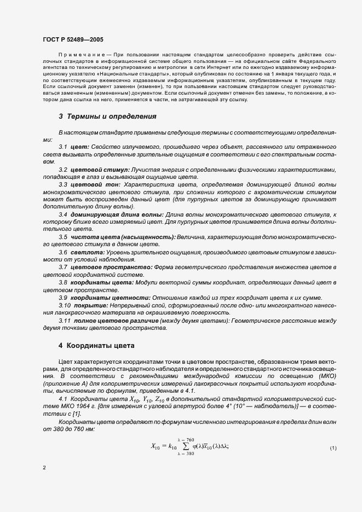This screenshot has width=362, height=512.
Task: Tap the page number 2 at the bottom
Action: pos(44,468)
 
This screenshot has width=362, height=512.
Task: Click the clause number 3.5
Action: pos(63,237)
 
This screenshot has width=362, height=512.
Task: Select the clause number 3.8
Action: pos(63,282)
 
